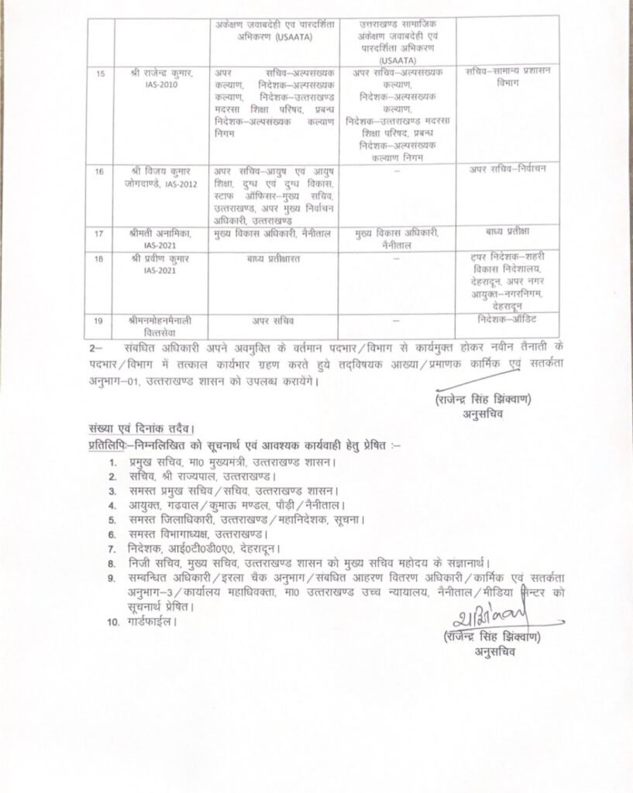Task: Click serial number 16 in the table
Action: point(98,171)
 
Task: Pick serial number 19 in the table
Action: point(98,318)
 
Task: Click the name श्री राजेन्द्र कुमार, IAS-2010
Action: point(161,77)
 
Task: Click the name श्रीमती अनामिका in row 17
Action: point(161,232)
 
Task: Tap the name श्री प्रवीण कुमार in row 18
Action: point(161,257)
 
